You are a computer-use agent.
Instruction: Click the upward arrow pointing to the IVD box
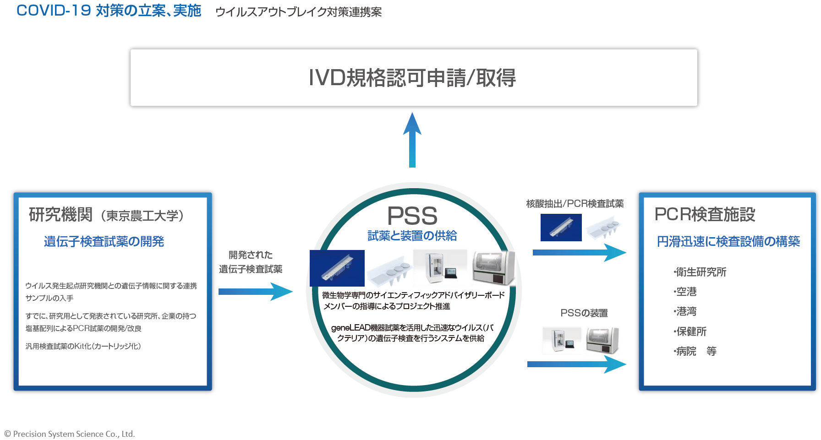click(412, 140)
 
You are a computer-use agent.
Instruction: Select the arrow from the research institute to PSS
click(256, 292)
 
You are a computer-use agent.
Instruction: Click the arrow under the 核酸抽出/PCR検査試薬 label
click(580, 252)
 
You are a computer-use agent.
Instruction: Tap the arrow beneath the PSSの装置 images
click(577, 364)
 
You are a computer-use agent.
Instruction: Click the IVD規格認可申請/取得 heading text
click(412, 78)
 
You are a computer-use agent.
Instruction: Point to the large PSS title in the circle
click(412, 216)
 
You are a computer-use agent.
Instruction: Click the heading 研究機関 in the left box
click(61, 214)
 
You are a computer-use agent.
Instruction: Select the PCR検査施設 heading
click(705, 214)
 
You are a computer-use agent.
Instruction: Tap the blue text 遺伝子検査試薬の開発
click(104, 241)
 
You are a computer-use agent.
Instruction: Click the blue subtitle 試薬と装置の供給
click(412, 235)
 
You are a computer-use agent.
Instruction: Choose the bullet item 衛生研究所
click(700, 272)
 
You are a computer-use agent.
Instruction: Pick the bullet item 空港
click(685, 292)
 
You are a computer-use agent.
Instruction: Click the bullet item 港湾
click(685, 311)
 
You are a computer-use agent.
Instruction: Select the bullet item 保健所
click(690, 331)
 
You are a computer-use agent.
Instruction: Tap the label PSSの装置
click(584, 313)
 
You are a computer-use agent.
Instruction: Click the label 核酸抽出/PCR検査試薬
click(575, 204)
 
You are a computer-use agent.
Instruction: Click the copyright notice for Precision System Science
click(70, 434)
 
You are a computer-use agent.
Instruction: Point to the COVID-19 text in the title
click(54, 11)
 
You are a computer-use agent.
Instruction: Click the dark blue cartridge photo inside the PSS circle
click(337, 268)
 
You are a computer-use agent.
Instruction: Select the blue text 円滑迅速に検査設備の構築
click(728, 241)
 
